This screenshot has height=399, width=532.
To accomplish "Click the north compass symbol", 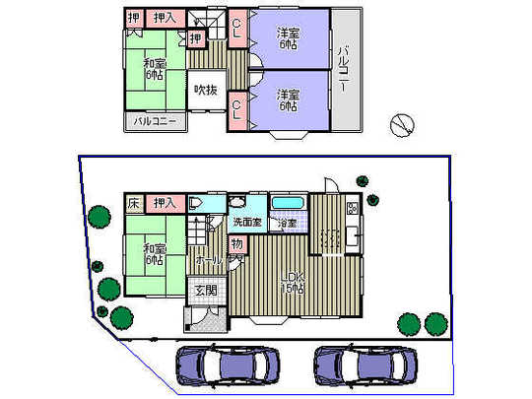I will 401,123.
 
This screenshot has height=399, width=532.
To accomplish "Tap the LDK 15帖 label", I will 290,282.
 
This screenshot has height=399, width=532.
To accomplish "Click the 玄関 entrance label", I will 204,291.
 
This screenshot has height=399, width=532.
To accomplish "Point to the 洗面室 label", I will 247,223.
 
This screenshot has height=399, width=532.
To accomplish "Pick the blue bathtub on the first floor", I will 288,204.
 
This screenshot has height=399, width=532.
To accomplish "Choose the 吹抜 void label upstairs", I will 205,92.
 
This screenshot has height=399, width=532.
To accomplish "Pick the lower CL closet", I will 237,106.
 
